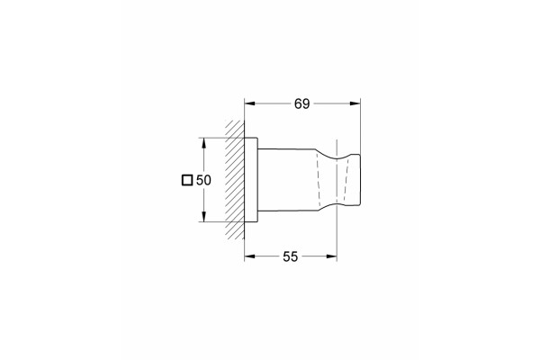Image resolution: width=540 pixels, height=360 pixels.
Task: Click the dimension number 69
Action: tap(302, 103)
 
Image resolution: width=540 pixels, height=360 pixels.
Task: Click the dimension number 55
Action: tap(291, 256)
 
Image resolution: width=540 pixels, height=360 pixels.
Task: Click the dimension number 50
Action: tap(203, 180)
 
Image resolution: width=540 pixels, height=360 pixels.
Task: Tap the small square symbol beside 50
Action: tap(187, 180)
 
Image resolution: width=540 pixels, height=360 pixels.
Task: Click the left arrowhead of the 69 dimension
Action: tap(249, 103)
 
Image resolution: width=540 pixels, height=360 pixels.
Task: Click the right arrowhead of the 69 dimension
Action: tap(355, 103)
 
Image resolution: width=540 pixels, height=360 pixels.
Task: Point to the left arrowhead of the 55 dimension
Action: tap(249, 256)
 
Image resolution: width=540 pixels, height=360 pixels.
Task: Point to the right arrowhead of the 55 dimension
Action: tap(331, 256)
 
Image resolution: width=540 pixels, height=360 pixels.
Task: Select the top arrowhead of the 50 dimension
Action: tap(204, 143)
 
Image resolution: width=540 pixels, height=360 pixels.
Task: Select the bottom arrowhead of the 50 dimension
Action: tap(204, 217)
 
